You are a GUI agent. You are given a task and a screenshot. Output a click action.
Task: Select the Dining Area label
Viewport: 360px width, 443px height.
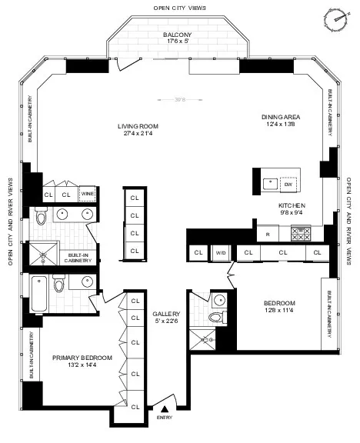coord(278,118)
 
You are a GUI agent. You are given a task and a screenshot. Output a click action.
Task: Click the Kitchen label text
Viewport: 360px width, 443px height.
coord(292,205)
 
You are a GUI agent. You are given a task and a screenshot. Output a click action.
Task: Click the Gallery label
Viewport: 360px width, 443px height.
coord(165,315)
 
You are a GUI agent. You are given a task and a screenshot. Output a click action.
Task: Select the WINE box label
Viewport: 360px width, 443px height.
coord(88,194)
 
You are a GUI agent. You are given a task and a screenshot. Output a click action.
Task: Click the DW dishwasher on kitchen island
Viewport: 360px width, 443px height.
coord(288,185)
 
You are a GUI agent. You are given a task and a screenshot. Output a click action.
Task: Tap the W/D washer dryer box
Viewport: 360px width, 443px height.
coord(221,251)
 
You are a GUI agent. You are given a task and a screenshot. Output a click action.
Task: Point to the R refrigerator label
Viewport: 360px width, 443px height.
coord(268,233)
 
